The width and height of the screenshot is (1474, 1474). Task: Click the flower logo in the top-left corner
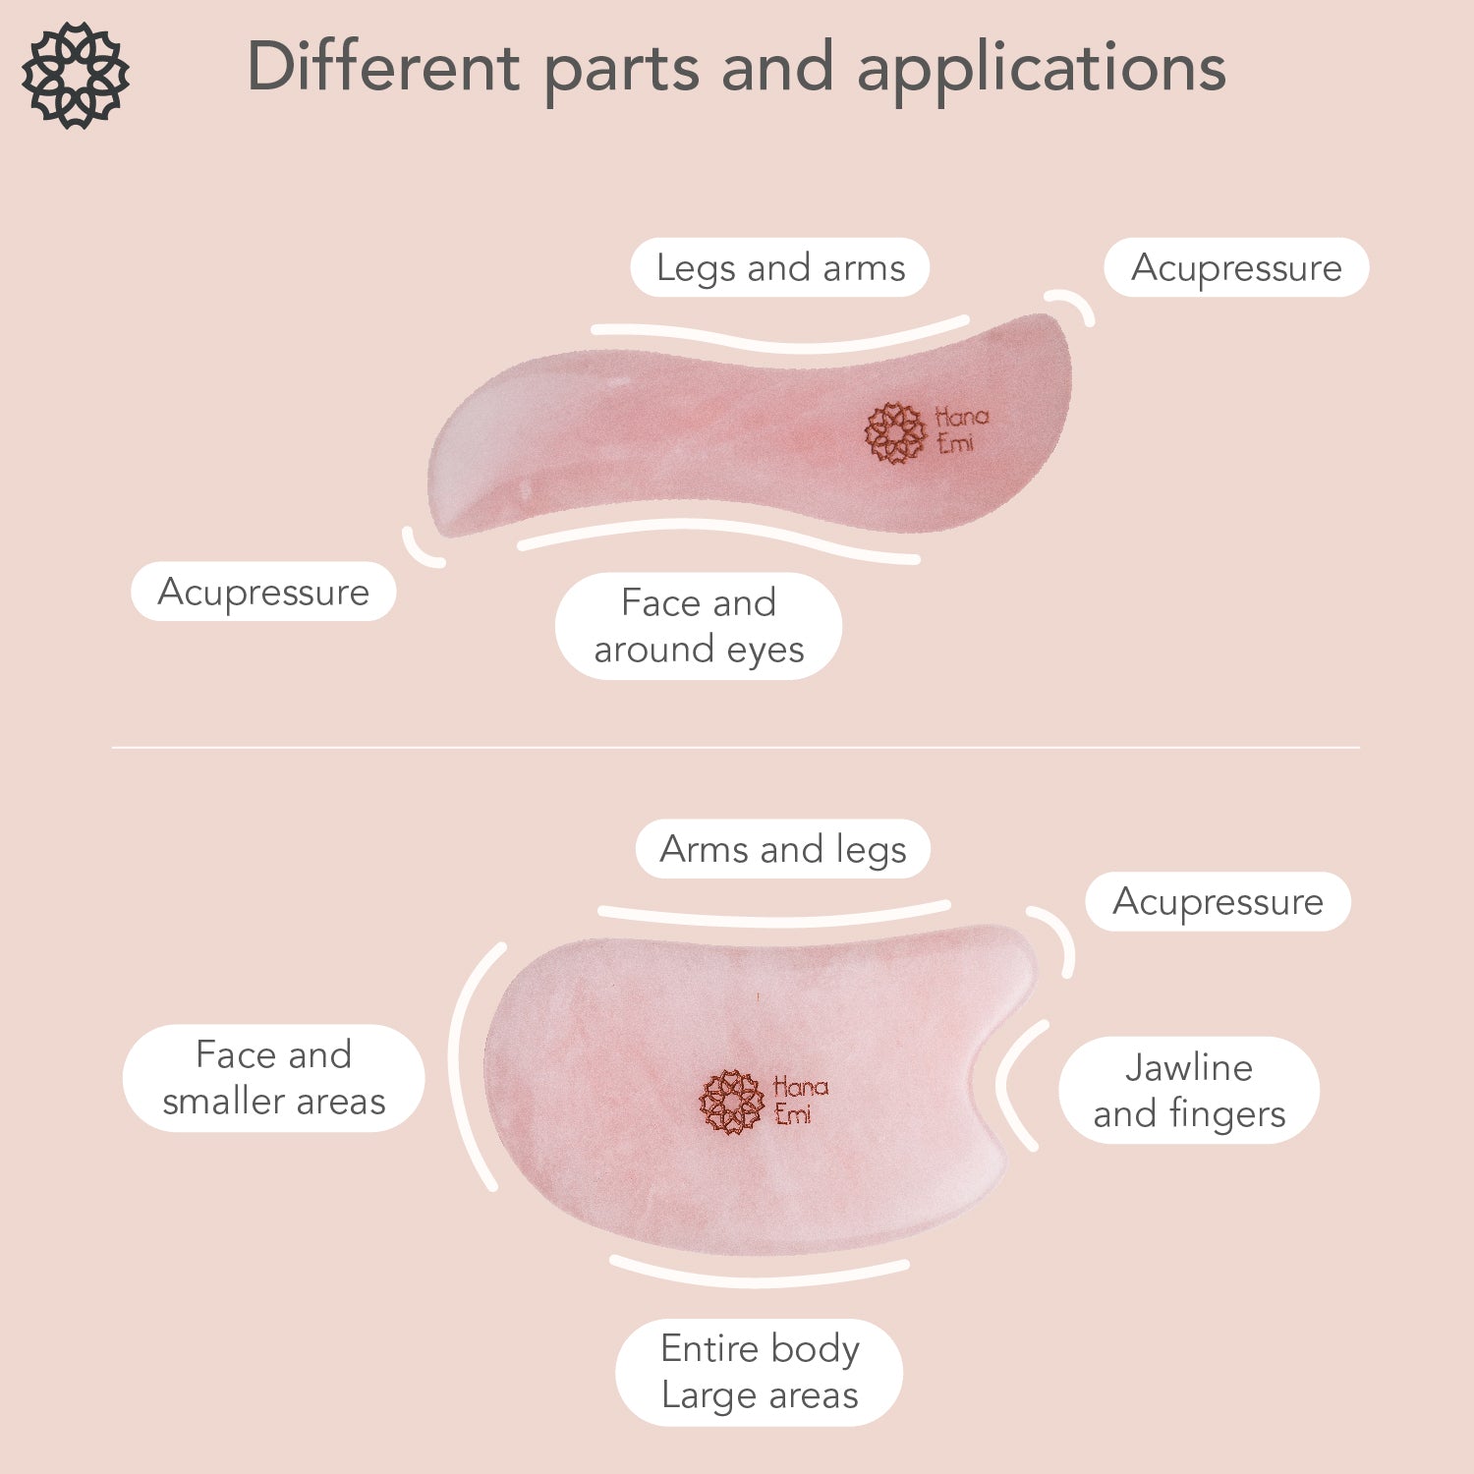coord(76,75)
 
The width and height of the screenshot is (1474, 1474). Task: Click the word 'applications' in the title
coord(1042,69)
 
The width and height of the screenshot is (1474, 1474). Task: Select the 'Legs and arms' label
coord(780,267)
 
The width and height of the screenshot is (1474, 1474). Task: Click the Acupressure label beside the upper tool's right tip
coord(1236,267)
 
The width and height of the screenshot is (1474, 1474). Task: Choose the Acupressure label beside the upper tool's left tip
coord(263,592)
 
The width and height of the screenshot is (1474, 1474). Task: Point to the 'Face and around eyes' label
coord(699,626)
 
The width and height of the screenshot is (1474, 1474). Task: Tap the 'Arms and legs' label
coord(782,849)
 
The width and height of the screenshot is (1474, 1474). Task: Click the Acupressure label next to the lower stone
coord(1218,901)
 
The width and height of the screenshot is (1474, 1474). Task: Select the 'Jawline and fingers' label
coord(1189,1090)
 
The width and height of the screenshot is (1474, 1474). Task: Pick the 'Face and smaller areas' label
coord(273,1078)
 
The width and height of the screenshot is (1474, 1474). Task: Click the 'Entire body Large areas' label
coord(760,1372)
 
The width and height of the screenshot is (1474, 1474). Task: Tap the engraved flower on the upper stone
coord(895,432)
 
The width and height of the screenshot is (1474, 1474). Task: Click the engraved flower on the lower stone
coord(731,1102)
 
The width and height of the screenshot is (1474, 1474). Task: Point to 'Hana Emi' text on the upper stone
coord(960,430)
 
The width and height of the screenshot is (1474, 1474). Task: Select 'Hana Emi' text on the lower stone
coord(800,1100)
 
